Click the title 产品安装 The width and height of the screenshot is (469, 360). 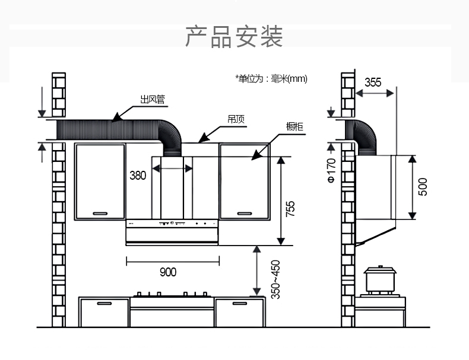(234, 36)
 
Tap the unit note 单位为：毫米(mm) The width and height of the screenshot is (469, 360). (271, 78)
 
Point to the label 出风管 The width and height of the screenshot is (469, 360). (152, 99)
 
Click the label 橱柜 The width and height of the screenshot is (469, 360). (294, 126)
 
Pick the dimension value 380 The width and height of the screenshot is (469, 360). (138, 175)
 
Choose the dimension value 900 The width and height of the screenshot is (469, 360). (168, 272)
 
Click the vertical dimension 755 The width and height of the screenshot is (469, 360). (290, 209)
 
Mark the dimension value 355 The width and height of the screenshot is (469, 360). (373, 82)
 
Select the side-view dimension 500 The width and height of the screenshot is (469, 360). (423, 187)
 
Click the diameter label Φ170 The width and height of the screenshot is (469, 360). (331, 170)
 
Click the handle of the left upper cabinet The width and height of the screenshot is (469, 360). (100, 213)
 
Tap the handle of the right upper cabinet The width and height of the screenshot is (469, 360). (245, 213)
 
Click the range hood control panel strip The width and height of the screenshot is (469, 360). (172, 224)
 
